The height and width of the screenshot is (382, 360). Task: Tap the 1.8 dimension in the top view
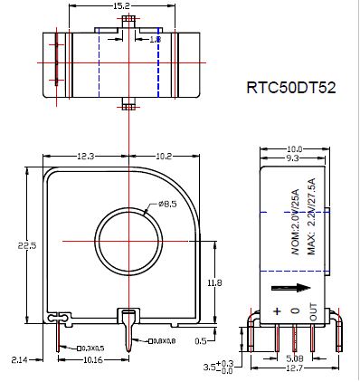coord(155,40)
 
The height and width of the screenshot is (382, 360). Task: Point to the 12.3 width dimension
coord(87,156)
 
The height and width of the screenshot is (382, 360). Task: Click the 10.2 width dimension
coord(164,156)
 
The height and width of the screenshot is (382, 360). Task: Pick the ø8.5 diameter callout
coord(169,204)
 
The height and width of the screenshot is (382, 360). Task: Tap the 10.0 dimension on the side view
coord(295,148)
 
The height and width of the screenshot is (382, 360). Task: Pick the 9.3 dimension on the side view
coord(291,158)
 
